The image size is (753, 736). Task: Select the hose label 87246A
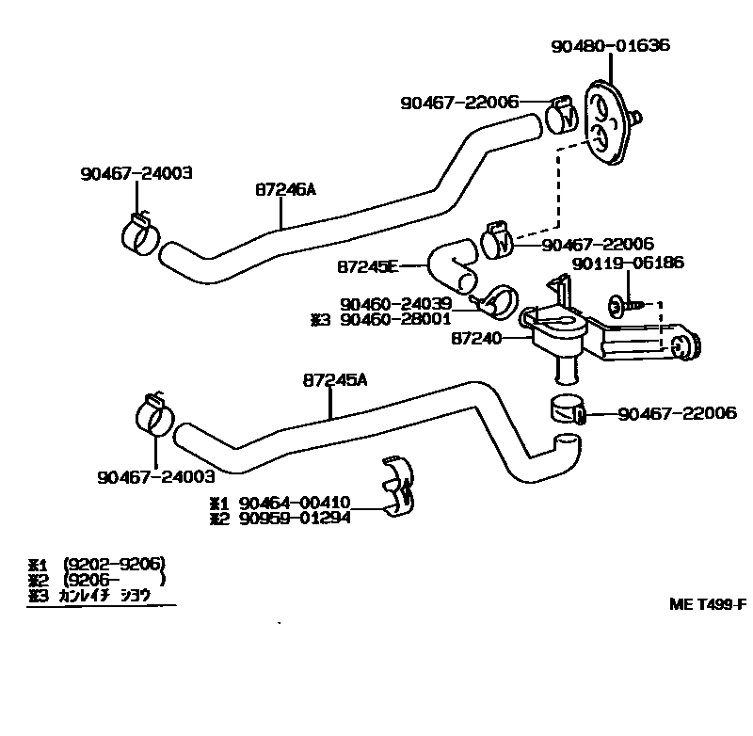tap(284, 188)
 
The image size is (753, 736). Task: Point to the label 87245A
tap(335, 380)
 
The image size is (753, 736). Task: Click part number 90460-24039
tap(396, 304)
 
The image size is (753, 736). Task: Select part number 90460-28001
tap(396, 320)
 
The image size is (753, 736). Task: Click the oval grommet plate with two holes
tap(608, 125)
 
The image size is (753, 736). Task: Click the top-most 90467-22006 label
tap(459, 101)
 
